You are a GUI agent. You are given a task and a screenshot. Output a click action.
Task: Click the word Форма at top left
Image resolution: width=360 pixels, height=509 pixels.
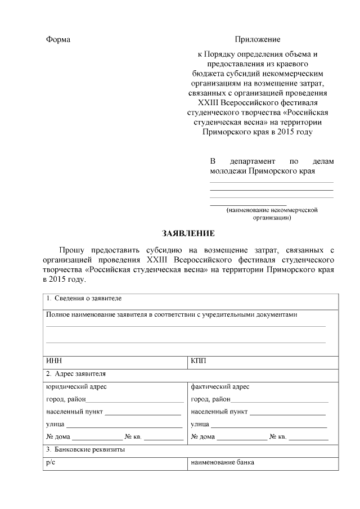[x=58, y=40]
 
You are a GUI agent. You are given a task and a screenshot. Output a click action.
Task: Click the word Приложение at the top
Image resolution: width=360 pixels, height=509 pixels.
[x=257, y=40]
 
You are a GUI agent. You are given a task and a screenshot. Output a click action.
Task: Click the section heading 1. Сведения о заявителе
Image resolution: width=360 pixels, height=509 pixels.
[x=84, y=298]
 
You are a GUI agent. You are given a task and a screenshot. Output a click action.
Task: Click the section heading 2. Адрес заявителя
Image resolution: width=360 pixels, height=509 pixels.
[x=76, y=373]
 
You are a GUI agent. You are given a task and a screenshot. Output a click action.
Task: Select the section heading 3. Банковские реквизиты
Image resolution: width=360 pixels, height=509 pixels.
[x=85, y=450]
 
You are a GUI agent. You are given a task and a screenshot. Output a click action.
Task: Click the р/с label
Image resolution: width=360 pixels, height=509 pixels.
[x=52, y=462]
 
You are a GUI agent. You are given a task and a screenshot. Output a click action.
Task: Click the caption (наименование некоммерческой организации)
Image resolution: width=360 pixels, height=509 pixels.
[x=272, y=213]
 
